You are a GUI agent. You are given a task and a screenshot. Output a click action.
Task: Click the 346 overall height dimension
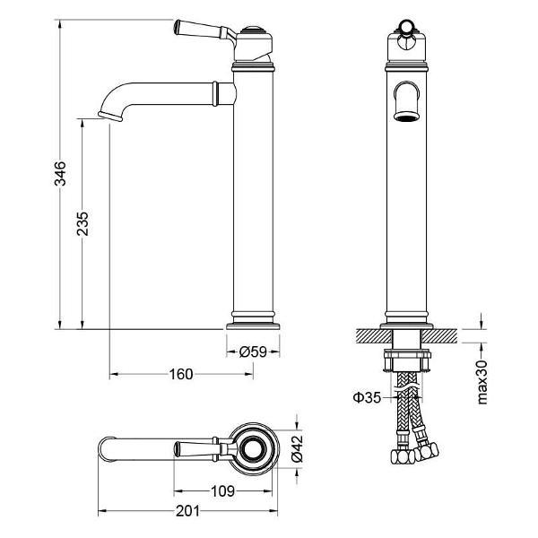[x=60, y=173]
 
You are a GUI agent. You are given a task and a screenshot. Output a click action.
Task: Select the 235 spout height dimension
[x=82, y=223]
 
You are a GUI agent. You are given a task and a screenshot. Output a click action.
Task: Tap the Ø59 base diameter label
[x=253, y=351]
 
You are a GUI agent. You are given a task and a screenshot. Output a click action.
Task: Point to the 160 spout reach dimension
[x=181, y=374]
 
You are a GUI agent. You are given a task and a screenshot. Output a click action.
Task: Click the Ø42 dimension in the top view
[x=297, y=449]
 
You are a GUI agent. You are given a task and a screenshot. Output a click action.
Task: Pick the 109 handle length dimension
[x=222, y=491]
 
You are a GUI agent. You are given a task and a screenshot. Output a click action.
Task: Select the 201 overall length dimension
[x=187, y=511]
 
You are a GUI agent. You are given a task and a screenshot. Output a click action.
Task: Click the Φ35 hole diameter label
[x=367, y=397]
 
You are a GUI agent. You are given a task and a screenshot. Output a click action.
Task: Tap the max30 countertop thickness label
[x=482, y=382]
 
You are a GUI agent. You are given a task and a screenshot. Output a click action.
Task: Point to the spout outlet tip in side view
[x=110, y=116]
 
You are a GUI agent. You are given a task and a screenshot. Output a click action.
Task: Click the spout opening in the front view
[x=406, y=116]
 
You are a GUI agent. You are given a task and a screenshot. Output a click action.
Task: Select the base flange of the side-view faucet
[x=253, y=325]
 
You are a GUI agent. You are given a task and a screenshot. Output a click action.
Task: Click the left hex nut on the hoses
[x=403, y=456]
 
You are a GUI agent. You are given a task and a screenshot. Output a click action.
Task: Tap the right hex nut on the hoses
[x=426, y=452]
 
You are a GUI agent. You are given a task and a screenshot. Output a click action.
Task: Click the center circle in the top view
[x=253, y=449]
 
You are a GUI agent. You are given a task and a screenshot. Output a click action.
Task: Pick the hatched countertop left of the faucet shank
[x=374, y=335]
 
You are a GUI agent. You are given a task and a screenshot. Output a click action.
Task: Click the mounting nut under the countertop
[x=406, y=360]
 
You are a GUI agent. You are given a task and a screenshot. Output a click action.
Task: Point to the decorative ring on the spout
[x=215, y=93]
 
